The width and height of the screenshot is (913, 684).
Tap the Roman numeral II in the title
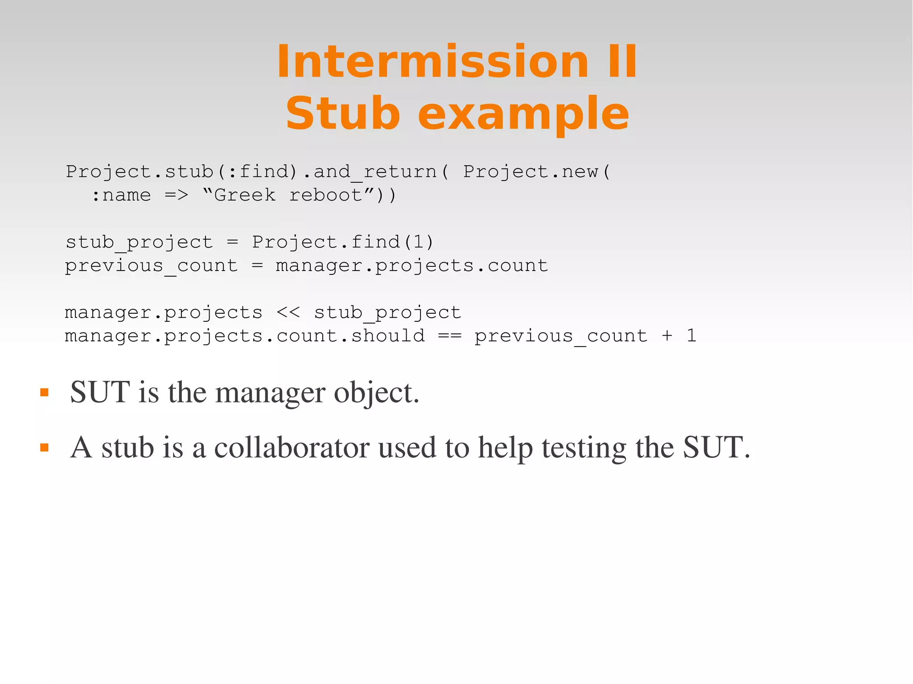pos(622,62)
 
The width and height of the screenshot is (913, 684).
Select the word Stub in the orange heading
pos(342,114)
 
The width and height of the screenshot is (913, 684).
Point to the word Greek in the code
pos(245,195)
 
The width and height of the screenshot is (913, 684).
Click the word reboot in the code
pos(326,195)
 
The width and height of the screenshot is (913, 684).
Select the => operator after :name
pos(176,195)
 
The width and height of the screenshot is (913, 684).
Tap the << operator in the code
pos(288,312)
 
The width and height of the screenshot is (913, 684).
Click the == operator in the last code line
pos(449,336)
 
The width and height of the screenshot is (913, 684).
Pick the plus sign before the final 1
pos(667,336)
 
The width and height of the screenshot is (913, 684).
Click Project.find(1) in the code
pos(342,242)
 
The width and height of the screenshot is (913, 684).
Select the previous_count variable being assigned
pos(152,266)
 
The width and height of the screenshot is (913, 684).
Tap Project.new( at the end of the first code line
pos(536,172)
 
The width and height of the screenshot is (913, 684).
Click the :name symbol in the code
pos(121,195)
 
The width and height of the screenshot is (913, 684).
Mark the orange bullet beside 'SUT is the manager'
pos(44,393)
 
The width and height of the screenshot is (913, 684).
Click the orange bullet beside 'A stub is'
pos(44,447)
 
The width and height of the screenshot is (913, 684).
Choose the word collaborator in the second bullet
pos(292,448)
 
